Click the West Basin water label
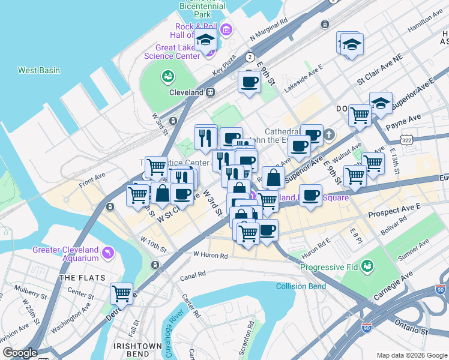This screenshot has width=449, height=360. click(x=39, y=70)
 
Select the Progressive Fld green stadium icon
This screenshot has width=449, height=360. click(x=367, y=265)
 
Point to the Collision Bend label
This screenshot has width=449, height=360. click(x=301, y=286)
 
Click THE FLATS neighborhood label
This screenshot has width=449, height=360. click(x=82, y=278)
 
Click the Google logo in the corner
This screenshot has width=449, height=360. click(x=20, y=353)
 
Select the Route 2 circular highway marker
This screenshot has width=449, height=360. click(x=249, y=57)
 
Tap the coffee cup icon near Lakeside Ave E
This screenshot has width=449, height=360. click(x=249, y=82)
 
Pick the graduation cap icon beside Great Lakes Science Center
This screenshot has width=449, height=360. click(x=206, y=41)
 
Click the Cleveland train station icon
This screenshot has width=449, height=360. click(x=211, y=93)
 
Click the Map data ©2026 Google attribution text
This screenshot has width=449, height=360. click(x=411, y=355)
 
